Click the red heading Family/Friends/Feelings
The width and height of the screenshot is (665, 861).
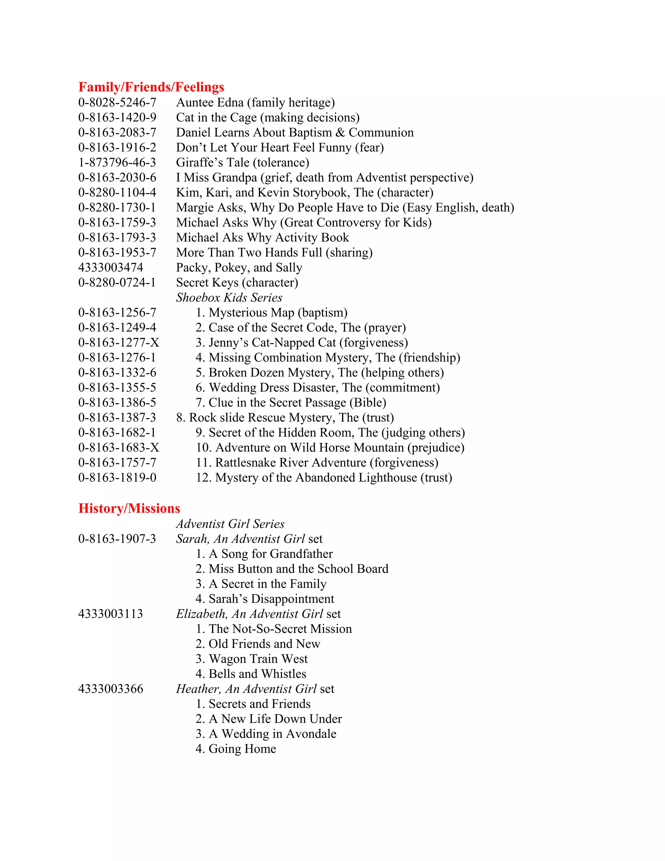[x=151, y=87]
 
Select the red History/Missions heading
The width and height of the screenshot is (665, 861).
[x=129, y=508]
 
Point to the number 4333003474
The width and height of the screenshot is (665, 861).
[x=111, y=267]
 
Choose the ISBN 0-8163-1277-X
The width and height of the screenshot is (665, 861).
[x=119, y=342]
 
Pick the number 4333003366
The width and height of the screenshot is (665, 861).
[x=111, y=689]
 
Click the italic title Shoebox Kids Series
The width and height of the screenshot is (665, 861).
[x=229, y=298]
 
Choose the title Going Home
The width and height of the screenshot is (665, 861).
[x=242, y=749]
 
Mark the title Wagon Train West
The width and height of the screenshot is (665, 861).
[x=258, y=659]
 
